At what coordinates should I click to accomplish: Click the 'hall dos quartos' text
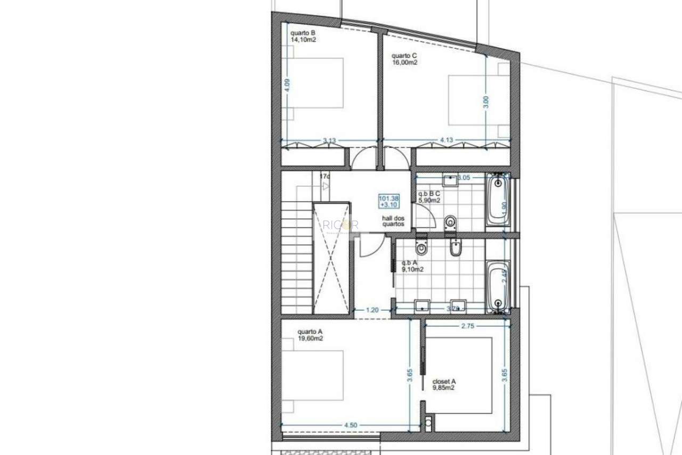(393, 221)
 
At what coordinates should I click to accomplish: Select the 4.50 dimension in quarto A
(350, 425)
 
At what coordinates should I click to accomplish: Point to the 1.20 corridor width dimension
(372, 310)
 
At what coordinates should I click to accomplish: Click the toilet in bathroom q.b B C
(451, 221)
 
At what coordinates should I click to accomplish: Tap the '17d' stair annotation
(324, 176)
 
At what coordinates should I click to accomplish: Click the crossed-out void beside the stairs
(331, 258)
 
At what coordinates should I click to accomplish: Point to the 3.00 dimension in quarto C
(485, 101)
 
